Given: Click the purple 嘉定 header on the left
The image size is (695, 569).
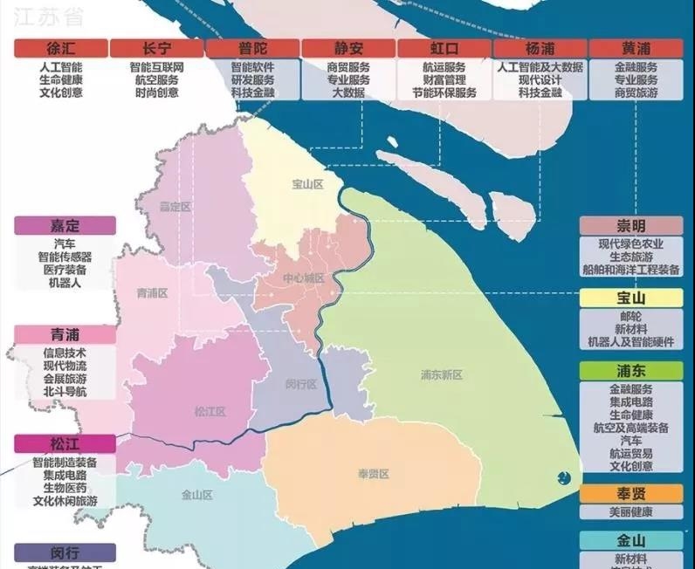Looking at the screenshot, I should pyautogui.click(x=65, y=225).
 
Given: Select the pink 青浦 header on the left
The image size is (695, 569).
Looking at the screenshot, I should pyautogui.click(x=65, y=335).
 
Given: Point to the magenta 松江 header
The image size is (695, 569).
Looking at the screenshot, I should pyautogui.click(x=65, y=443).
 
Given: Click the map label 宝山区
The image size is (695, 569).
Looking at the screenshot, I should pyautogui.click(x=307, y=185).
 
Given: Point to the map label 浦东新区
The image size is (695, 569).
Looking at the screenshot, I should pyautogui.click(x=441, y=374).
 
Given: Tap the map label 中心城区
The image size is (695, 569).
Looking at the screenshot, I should pyautogui.click(x=303, y=278).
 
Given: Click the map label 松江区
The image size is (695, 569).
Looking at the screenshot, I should pyautogui.click(x=210, y=411).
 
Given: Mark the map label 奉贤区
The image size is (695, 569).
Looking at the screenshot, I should pyautogui.click(x=373, y=474).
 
